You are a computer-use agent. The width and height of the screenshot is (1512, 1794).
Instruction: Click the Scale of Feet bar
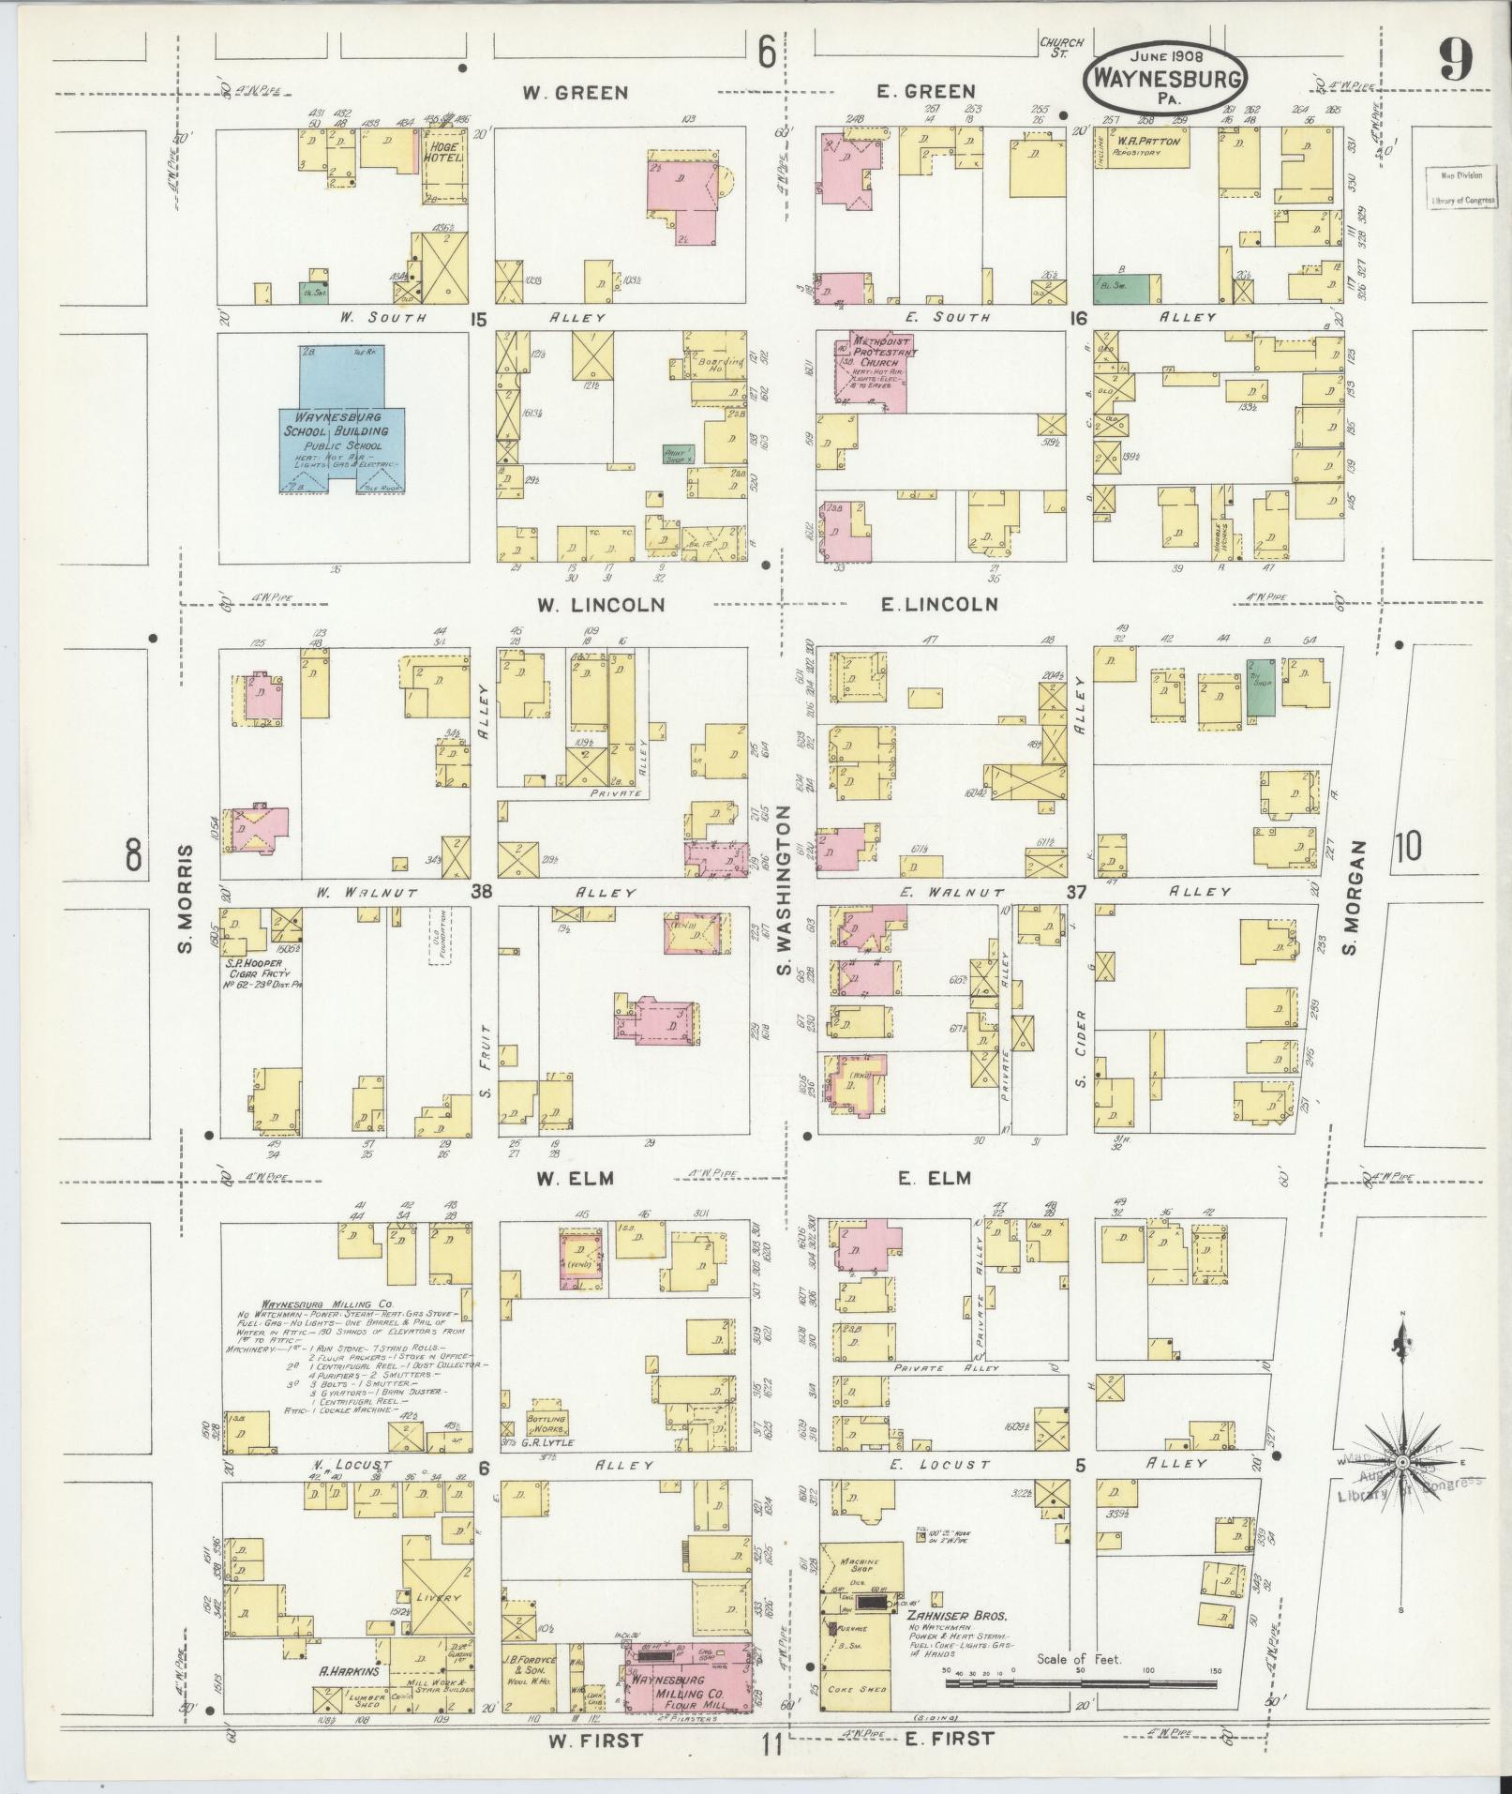(x=1081, y=1682)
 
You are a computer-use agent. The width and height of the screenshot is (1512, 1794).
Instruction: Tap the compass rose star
(x=1401, y=1488)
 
